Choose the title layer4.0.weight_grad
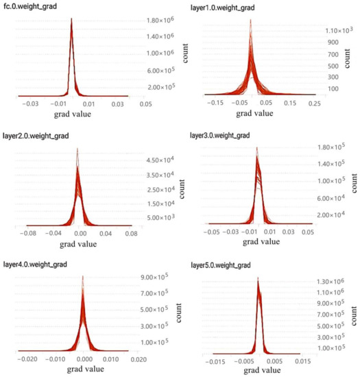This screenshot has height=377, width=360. (36, 264)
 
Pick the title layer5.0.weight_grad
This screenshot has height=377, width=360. (224, 264)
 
